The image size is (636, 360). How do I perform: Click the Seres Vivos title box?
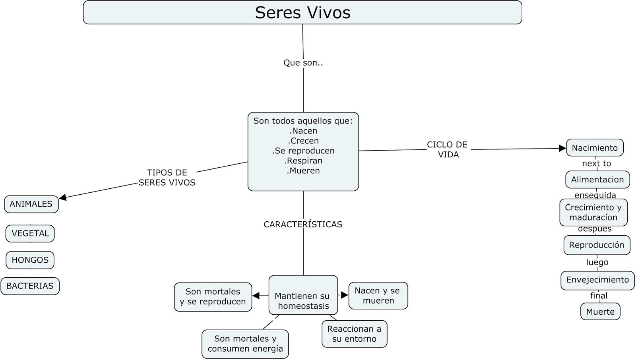click(302, 12)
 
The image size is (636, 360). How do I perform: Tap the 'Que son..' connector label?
click(303, 63)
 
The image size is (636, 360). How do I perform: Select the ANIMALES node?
click(31, 204)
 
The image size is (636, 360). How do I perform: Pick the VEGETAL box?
click(30, 234)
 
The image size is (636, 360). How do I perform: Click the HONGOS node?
click(30, 260)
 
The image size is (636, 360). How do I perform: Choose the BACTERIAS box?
click(30, 286)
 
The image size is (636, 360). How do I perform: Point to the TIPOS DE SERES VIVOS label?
click(167, 178)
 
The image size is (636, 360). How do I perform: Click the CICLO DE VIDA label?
click(448, 150)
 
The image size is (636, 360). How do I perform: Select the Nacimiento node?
click(595, 148)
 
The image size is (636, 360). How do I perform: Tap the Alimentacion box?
click(597, 180)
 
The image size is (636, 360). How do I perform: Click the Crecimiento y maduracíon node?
click(593, 213)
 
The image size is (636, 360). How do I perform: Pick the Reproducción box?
click(597, 245)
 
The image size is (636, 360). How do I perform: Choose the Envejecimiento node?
click(597, 280)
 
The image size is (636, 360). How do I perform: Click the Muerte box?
click(600, 312)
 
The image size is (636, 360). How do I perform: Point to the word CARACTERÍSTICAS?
click(303, 225)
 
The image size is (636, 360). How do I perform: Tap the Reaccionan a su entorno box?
click(354, 334)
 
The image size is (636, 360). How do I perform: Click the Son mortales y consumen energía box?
click(245, 344)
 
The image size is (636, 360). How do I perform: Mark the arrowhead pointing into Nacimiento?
click(562, 148)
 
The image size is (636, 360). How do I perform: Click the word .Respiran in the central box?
click(303, 161)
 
